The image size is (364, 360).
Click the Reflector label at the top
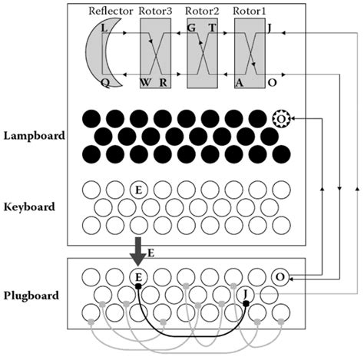coord(111,12)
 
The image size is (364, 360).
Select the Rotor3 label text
coord(159,12)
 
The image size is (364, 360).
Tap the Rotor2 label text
coord(205,12)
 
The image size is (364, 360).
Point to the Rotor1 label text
coord(251,12)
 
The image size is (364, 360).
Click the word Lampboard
coord(35,136)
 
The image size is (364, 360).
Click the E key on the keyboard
coord(138,189)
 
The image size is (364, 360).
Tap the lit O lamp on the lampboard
coord(281,119)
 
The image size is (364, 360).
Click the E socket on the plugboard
coord(138,277)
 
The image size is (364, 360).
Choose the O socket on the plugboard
coord(280,277)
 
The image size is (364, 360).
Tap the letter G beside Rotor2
coord(191,28)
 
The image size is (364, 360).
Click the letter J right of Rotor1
coord(267,28)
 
